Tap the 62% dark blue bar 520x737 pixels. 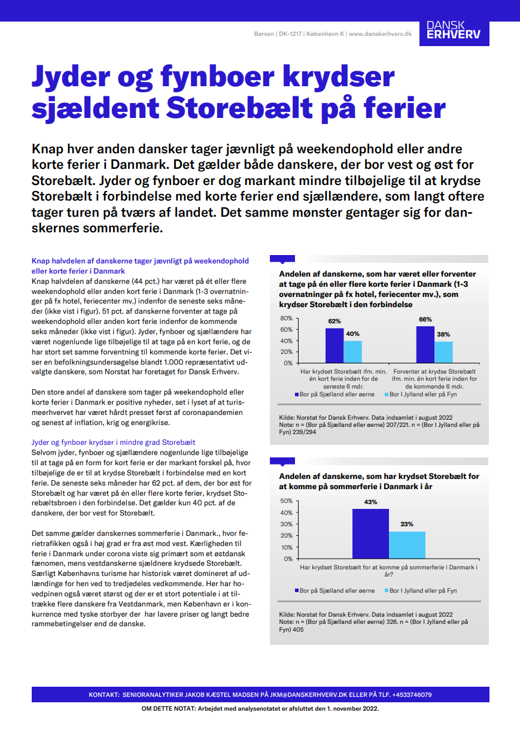pos(334,345)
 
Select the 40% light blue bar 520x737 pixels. pos(352,351)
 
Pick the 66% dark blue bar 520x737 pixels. pos(425,344)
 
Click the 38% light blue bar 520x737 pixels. pos(443,352)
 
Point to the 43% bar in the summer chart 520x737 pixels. pos(370,533)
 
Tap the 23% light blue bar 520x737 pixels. pos(407,545)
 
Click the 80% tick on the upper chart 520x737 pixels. pos(286,319)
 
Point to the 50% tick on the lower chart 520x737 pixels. pos(286,501)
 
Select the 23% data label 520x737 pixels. pos(407,524)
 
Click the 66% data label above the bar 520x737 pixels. pos(425,320)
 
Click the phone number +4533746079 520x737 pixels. pos(412,695)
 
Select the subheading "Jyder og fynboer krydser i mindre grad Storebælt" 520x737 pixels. pos(113,442)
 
